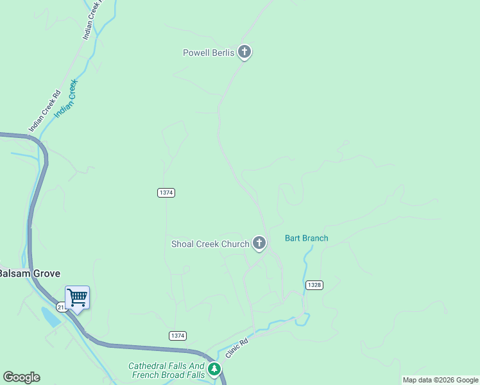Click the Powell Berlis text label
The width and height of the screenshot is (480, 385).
209,53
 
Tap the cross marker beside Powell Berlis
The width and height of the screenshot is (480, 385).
244,51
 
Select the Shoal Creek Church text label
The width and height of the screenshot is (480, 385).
210,244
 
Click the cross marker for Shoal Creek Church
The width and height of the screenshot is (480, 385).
259,243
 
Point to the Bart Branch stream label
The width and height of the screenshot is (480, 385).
307,238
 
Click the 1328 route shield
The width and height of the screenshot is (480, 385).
314,285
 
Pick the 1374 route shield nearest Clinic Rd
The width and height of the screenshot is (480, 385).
178,336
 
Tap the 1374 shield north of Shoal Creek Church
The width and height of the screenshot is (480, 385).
166,193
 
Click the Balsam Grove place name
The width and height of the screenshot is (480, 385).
30,273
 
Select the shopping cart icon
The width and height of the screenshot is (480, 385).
77,298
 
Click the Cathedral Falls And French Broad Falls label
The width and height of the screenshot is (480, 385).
166,370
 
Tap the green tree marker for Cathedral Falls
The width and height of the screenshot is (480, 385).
214,369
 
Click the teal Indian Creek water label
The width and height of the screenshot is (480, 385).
65,98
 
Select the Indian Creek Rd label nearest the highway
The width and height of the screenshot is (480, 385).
44,111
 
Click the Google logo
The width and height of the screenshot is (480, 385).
21,377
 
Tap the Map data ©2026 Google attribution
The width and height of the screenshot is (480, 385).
441,380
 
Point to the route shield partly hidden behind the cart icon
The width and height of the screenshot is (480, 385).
62,307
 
